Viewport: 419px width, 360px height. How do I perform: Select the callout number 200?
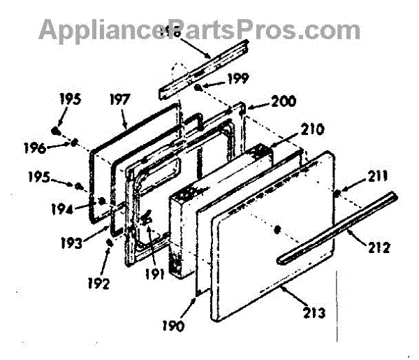284,101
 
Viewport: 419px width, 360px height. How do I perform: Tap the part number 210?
314,130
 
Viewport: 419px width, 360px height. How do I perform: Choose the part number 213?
314,313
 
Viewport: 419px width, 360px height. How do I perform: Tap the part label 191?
156,274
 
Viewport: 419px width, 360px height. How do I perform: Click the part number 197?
121,100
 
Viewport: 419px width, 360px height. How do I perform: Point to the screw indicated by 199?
200,87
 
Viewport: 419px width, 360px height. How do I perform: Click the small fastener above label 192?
110,243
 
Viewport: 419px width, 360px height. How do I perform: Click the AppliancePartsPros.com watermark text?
200,30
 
